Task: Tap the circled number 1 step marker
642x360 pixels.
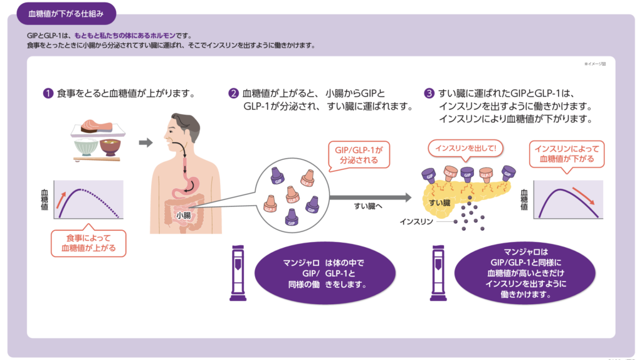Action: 48,94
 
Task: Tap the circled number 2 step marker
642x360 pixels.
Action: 233,94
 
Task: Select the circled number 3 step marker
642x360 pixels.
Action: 429,94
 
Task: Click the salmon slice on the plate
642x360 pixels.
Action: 94,127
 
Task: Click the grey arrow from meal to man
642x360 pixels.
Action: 145,143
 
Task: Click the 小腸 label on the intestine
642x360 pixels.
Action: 183,215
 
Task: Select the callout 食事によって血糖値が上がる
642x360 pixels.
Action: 88,243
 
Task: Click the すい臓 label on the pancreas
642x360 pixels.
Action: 439,203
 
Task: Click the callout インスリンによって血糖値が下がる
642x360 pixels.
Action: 566,154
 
